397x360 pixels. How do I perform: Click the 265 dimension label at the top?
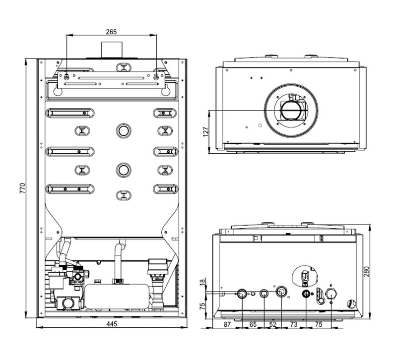coord(111,31)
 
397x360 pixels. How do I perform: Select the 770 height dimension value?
coord(22,188)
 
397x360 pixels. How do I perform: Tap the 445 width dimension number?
coord(111,324)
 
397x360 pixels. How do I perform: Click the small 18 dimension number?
coord(202,283)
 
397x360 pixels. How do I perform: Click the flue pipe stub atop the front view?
coord(111,50)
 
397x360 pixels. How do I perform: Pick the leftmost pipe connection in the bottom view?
coord(242,293)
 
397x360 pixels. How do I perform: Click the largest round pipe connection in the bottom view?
coord(282,292)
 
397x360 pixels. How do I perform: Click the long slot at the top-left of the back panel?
coord(69,113)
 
